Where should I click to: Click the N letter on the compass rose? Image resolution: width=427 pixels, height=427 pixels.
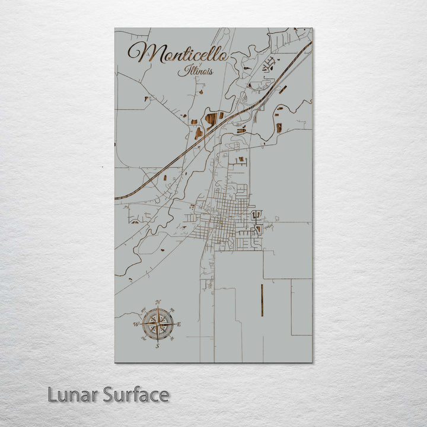pos(158,302)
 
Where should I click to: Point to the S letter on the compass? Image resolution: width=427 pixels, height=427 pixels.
pos(158,346)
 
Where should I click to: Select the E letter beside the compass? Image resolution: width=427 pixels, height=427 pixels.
pos(179,324)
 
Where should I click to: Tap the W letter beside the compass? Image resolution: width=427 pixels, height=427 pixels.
pos(136,324)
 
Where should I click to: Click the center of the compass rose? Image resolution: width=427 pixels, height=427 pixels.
pos(158,324)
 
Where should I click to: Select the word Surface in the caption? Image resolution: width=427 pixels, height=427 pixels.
pos(136,394)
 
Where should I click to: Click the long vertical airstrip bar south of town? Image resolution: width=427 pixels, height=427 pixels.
pos(262,300)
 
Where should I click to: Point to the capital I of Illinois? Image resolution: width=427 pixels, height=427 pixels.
pos(181,71)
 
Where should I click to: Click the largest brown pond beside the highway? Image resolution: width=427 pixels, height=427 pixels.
pos(211,119)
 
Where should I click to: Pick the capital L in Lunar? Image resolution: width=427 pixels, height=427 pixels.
pos(52,394)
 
